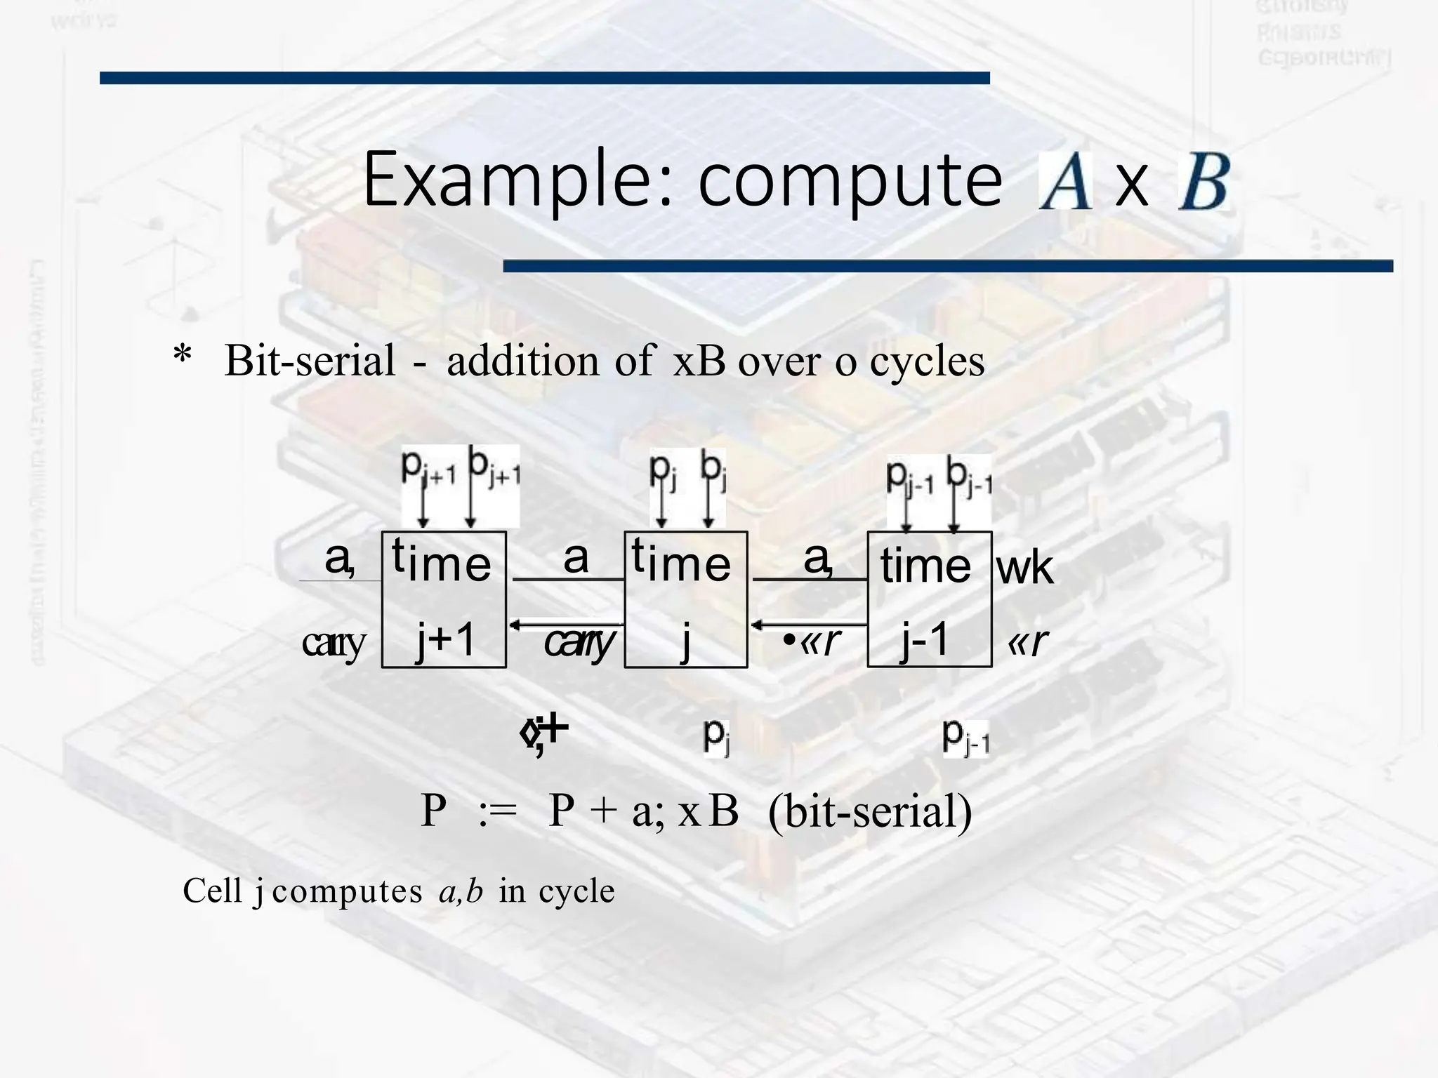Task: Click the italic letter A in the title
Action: click(1064, 182)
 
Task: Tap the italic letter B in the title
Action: click(1203, 182)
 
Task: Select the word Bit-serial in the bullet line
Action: click(310, 361)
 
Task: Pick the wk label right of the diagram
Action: click(1024, 568)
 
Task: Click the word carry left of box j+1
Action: click(334, 643)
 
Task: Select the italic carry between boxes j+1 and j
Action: click(579, 641)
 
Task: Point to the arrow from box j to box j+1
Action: click(566, 624)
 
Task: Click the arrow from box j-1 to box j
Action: click(808, 624)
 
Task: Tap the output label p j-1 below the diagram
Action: click(965, 737)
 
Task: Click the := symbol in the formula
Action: click(497, 812)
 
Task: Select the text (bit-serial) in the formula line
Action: click(870, 812)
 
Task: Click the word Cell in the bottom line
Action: click(212, 891)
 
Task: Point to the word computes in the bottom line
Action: click(347, 892)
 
